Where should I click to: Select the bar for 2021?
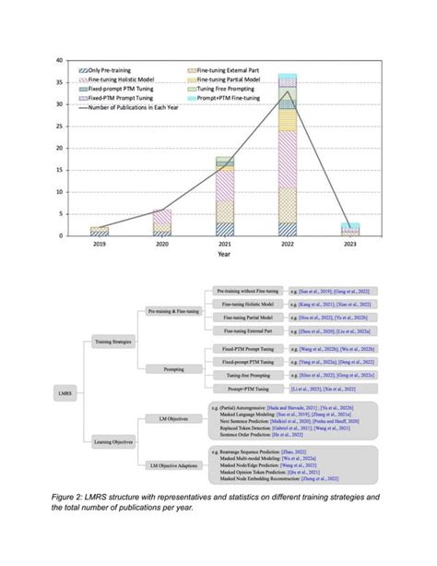pyautogui.click(x=225, y=197)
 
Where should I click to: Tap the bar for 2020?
pyautogui.click(x=161, y=223)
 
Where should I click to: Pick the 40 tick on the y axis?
pyautogui.click(x=60, y=61)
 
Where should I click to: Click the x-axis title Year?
pyautogui.click(x=225, y=254)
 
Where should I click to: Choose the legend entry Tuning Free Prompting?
pyautogui.click(x=219, y=89)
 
